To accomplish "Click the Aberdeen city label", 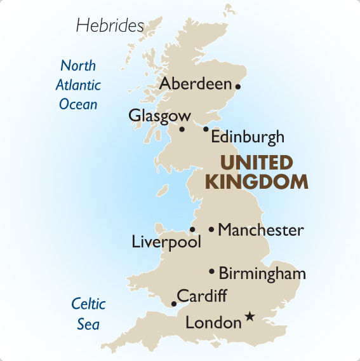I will pyautogui.click(x=196, y=84).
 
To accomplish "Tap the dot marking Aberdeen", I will pyautogui.click(x=238, y=86).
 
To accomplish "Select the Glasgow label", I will pyautogui.click(x=159, y=116).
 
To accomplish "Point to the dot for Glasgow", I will pyautogui.click(x=182, y=129).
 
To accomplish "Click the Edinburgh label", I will pyautogui.click(x=247, y=137).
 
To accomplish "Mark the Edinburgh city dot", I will pyautogui.click(x=206, y=129).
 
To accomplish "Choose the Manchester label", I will pyautogui.click(x=260, y=230).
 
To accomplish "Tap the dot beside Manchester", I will pyautogui.click(x=211, y=229).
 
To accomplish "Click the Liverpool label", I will pyautogui.click(x=166, y=242).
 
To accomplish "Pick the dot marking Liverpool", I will pyautogui.click(x=192, y=229).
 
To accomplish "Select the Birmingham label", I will pyautogui.click(x=262, y=274).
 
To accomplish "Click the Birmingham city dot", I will pyautogui.click(x=211, y=271).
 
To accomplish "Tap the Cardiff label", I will pyautogui.click(x=201, y=296).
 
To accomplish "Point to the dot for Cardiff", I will pyautogui.click(x=173, y=304).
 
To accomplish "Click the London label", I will pyautogui.click(x=213, y=323).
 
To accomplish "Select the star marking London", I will pyautogui.click(x=250, y=316).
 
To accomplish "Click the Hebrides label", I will pyautogui.click(x=110, y=25).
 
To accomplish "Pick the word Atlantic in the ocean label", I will pyautogui.click(x=78, y=85).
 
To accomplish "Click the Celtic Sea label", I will pyautogui.click(x=88, y=314).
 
